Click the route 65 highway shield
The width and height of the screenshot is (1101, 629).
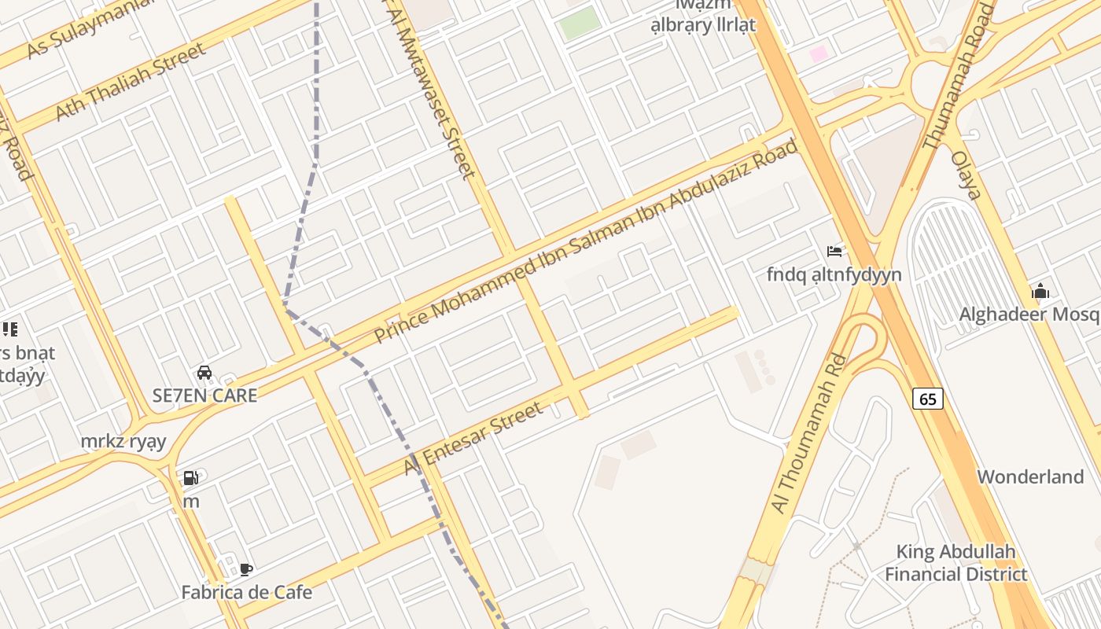coord(928,399)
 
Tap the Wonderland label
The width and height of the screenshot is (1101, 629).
coord(1030,476)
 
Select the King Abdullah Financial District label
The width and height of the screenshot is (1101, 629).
coord(956,562)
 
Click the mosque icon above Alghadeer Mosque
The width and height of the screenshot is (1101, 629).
coord(1040,292)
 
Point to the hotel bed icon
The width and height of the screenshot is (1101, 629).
coord(834,252)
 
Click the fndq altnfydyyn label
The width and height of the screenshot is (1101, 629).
coord(834,274)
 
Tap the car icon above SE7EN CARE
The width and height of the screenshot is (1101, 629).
coord(204,373)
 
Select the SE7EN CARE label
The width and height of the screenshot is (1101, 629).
coord(204,395)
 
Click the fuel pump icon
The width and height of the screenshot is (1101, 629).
coord(190,477)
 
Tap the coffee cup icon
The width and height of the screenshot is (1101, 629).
coord(246,569)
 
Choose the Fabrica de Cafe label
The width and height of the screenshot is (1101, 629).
coord(246,592)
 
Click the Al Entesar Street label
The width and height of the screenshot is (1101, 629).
coord(473,439)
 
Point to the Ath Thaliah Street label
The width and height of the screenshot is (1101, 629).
coord(130,82)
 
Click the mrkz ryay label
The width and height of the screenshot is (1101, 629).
coord(123,441)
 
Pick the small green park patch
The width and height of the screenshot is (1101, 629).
coord(580,23)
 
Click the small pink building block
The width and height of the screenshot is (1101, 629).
coord(819,53)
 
